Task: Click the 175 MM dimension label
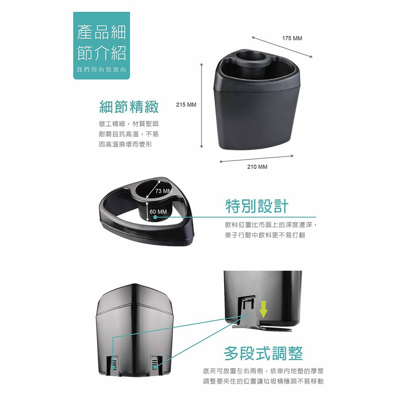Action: click(292, 38)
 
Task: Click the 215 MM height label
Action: click(186, 105)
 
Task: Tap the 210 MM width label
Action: click(257, 167)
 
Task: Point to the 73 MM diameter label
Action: click(164, 191)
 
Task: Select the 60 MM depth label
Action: click(158, 212)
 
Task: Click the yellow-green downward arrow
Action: click(263, 309)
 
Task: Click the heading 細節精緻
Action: click(129, 107)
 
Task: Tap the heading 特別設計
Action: click(257, 206)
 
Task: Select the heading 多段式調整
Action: click(263, 354)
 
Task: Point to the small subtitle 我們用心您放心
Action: click(101, 70)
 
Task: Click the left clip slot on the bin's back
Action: click(114, 364)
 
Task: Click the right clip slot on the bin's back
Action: click(155, 365)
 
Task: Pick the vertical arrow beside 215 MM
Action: click(202, 105)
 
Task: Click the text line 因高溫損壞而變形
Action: click(125, 145)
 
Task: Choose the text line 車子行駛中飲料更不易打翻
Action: click(265, 235)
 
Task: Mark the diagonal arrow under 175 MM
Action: click(282, 47)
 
